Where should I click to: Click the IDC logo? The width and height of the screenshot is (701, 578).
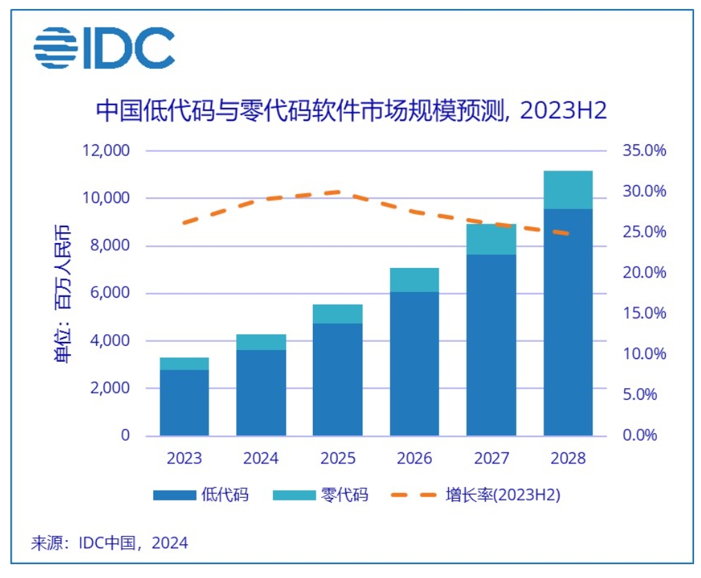click(x=104, y=48)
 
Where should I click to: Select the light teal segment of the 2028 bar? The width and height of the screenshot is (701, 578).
click(x=568, y=190)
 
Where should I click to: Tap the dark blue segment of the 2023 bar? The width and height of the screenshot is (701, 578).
click(x=184, y=403)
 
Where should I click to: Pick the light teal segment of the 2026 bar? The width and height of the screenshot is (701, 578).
click(x=414, y=280)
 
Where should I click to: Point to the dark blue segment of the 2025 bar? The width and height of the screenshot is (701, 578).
click(x=338, y=379)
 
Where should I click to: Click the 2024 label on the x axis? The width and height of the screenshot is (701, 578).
click(x=261, y=459)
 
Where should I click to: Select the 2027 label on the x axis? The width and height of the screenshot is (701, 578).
click(x=491, y=459)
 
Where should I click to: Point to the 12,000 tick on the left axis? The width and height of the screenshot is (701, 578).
click(x=106, y=151)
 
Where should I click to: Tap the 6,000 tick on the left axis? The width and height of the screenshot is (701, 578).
click(x=110, y=293)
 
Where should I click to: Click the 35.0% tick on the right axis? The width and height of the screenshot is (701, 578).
click(x=644, y=151)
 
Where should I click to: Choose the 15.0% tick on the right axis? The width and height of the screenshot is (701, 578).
click(x=644, y=314)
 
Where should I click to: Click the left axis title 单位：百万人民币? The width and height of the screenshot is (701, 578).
click(x=63, y=293)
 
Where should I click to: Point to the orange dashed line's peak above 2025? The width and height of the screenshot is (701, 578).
click(x=338, y=192)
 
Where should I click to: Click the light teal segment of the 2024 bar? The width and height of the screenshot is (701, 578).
click(x=261, y=343)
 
